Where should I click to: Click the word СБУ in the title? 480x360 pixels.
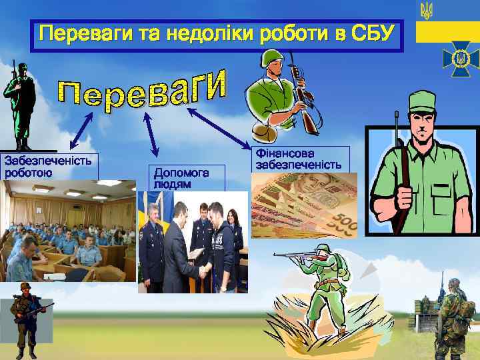pos(371,33)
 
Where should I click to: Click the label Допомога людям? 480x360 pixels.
pos(181,177)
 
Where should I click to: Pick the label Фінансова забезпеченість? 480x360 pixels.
pos(299,159)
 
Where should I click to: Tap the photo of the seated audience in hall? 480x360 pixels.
pos(67,231)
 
